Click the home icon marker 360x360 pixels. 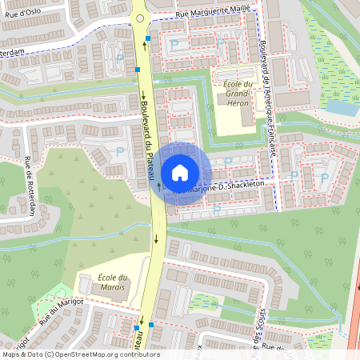click(x=180, y=172)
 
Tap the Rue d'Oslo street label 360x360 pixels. click(x=22, y=13)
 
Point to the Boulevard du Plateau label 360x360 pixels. click(x=146, y=132)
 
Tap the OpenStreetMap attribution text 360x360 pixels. click(x=80, y=354)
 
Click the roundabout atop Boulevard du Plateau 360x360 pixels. click(x=139, y=16)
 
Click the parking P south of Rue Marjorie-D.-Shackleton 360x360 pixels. click(x=217, y=210)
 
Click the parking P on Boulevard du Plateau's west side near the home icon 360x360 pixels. click(x=120, y=151)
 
